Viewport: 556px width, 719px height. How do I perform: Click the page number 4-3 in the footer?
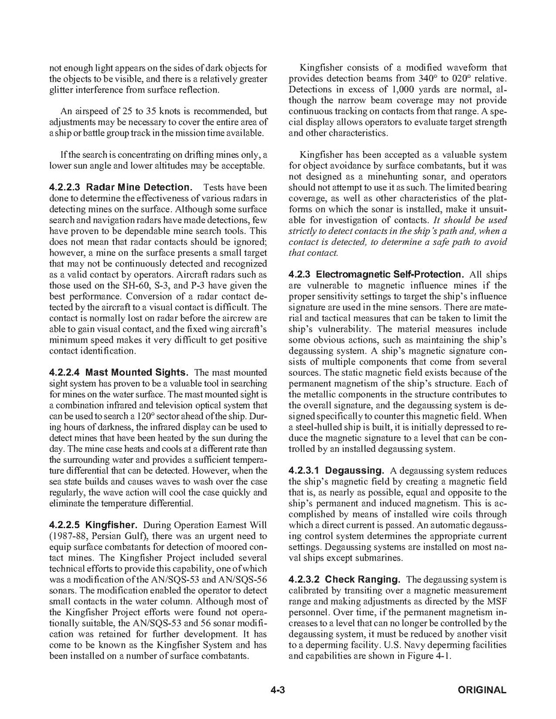pos(277,690)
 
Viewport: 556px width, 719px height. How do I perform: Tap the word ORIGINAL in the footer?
pos(482,690)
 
